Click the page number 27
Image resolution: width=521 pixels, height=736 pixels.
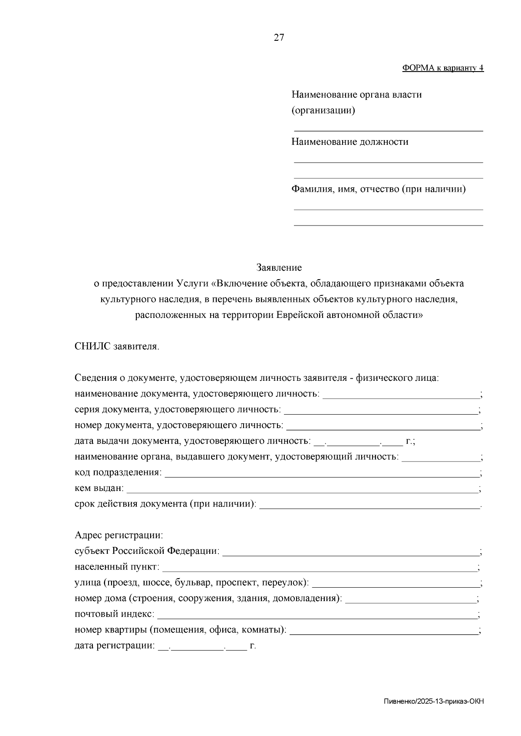tap(279, 38)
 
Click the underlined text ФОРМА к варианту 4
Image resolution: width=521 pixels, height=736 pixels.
tap(443, 68)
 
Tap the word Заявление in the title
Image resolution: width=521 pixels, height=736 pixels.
tap(279, 268)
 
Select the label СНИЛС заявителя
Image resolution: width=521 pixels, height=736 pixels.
tap(117, 347)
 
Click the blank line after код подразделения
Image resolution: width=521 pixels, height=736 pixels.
tap(321, 475)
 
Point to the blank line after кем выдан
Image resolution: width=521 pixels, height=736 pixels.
tap(302, 491)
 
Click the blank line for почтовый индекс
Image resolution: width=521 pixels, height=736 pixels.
tap(317, 617)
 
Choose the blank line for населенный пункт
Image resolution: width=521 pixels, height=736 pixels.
tap(319, 570)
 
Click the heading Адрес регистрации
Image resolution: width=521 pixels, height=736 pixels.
tap(119, 535)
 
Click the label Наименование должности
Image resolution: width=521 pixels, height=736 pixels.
tap(350, 142)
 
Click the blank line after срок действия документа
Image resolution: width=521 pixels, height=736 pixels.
tap(369, 507)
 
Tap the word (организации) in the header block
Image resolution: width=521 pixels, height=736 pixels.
tap(323, 111)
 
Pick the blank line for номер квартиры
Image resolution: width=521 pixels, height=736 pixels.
tap(384, 633)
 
